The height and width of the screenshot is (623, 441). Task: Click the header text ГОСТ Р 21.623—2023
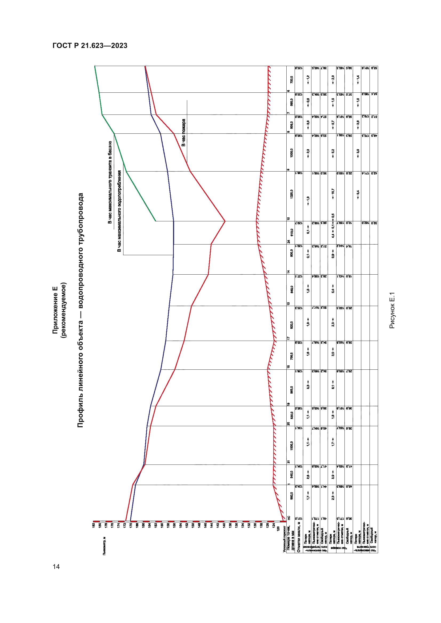pos(90,46)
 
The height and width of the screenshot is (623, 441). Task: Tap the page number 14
pos(56,567)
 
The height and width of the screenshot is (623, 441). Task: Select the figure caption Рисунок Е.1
pos(392,310)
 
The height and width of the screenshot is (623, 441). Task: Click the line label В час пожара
pos(183,133)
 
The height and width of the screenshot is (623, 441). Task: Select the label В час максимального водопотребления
pos(119,211)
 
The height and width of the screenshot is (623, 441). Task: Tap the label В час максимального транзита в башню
pos(110,182)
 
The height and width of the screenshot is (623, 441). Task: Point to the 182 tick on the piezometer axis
pos(94,526)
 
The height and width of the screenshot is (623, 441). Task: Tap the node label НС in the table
pos(288,518)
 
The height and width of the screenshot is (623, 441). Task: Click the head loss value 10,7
pos(333,192)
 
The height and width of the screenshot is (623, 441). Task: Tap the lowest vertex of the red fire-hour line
pos(225,221)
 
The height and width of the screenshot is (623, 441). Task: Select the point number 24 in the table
pos(288,242)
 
